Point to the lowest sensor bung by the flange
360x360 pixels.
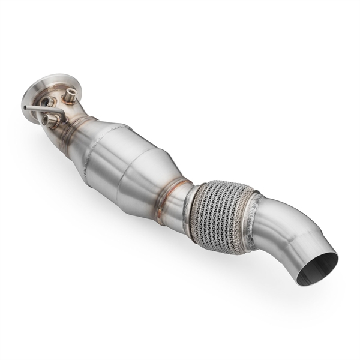coord(51,122)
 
